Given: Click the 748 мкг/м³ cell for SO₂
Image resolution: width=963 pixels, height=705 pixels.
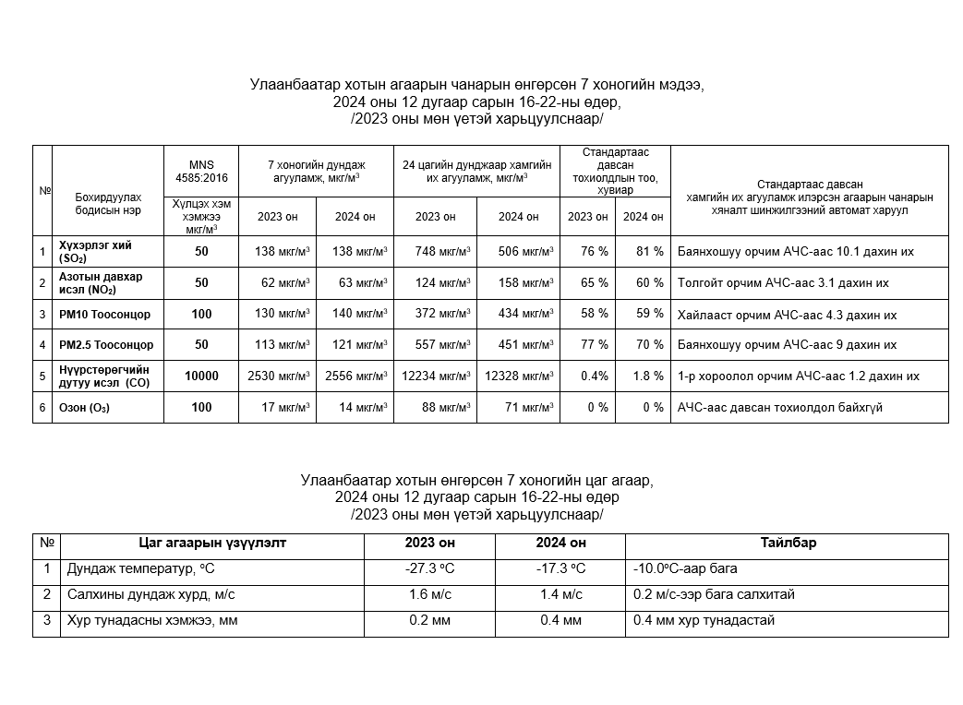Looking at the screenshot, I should coord(435,251).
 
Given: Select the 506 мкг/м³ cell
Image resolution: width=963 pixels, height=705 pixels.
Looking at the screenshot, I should coord(518,251).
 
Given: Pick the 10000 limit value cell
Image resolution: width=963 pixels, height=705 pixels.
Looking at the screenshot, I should coord(201,376).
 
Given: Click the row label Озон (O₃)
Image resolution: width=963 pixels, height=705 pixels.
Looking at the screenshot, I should coord(84,408).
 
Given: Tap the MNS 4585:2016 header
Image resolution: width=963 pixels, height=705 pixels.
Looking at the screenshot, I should coord(201,171).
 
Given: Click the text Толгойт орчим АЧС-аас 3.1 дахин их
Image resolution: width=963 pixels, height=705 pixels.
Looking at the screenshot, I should coord(783,283).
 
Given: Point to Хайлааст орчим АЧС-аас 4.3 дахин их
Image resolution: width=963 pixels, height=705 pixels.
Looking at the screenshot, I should coord(787,315).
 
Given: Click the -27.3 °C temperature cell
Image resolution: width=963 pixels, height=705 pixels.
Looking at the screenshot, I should coord(429,568).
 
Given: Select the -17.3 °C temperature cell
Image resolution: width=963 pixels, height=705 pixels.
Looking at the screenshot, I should coord(560,568).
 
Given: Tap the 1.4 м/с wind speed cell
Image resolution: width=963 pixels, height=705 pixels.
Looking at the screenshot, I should coord(560,594).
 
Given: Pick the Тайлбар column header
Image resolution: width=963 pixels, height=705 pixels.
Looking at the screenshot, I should coord(788,544).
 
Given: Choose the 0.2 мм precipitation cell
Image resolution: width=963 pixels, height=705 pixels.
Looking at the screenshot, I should coord(429,620).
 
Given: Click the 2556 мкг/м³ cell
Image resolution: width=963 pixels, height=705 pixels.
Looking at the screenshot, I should coord(356,376).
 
